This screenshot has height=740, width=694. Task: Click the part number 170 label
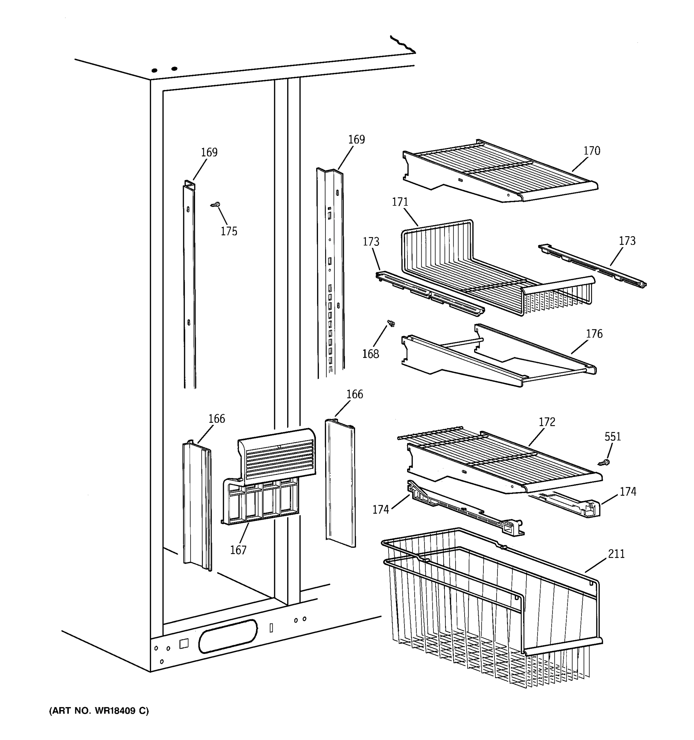pos(592,151)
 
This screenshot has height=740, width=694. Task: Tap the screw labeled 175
pos(216,204)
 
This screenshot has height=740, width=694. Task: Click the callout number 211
pos(616,554)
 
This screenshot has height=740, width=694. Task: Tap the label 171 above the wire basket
pos(400,202)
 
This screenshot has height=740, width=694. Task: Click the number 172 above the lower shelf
pos(547,422)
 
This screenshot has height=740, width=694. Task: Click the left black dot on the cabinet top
pos(154,70)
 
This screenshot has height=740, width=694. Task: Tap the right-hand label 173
pos(627,241)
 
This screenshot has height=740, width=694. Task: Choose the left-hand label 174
pos(381,510)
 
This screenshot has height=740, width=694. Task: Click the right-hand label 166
pos(354,394)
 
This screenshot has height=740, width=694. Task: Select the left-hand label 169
pos(209,152)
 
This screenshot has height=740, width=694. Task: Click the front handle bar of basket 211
pos(562,647)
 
